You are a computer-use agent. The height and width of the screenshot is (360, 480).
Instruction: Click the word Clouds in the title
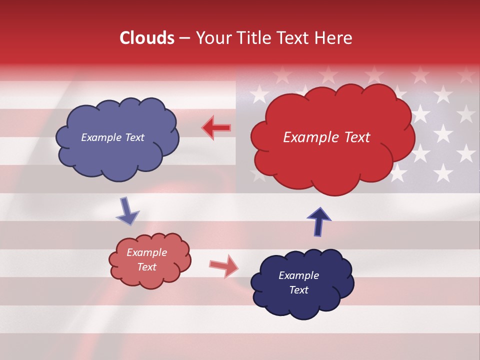[x=147, y=38]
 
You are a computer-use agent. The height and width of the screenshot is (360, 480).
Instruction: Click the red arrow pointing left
[x=216, y=128]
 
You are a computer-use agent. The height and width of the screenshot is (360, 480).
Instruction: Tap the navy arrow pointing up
[x=318, y=221]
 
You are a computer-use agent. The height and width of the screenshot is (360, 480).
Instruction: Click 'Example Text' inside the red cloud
[x=326, y=137]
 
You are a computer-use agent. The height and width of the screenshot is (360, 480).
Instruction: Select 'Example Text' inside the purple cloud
[x=112, y=137]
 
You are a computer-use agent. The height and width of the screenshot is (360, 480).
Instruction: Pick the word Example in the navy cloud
[x=298, y=275]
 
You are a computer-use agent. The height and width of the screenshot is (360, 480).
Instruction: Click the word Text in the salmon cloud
[x=146, y=267]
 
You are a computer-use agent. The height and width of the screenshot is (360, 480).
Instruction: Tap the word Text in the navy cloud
[x=298, y=290]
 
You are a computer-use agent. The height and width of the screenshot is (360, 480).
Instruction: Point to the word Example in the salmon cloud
[x=146, y=252]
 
